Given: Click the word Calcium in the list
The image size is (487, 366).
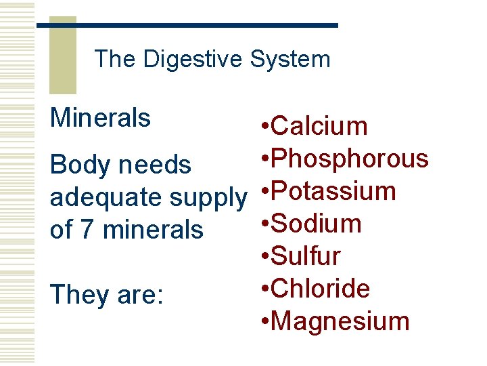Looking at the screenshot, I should tap(318, 126).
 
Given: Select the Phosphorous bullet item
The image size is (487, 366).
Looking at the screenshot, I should tap(349, 159).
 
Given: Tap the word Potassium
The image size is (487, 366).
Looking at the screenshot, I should tap(333, 191).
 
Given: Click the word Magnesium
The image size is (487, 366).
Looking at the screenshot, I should tap(340, 321).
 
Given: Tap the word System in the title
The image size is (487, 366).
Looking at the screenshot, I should tap(289, 59).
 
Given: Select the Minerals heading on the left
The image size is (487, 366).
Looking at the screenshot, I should tap(100, 118).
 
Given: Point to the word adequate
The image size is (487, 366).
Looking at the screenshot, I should tap(106, 198).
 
